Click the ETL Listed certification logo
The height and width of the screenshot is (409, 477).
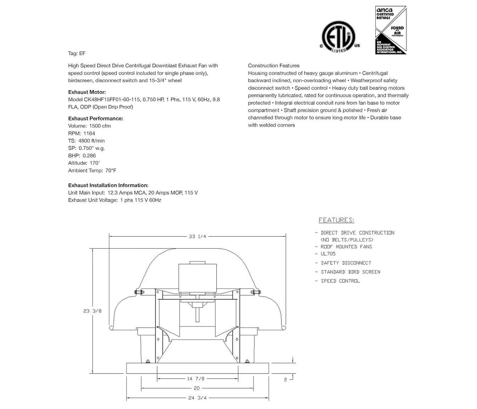pos(340,37)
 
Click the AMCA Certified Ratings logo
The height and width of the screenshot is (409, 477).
pos(390,30)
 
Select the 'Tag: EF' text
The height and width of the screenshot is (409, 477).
pos(77,54)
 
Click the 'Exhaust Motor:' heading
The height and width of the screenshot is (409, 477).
pos(87,92)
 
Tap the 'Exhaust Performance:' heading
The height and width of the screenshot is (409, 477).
pos(95,118)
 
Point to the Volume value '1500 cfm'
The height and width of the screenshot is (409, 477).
pos(100,126)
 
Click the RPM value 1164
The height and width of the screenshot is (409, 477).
pos(89,133)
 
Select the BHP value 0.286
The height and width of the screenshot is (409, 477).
pos(89,156)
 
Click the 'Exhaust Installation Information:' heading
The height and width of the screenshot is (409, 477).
pos(108,185)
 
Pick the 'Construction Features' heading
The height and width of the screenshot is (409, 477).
pos(273,66)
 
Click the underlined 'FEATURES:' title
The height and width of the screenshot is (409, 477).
pos(336,220)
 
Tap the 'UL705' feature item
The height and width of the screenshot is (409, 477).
pos(328,254)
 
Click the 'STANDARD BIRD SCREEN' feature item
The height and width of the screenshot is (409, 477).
pos(350,272)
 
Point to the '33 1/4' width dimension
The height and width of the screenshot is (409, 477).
pos(198,236)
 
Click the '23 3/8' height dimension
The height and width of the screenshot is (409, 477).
pos(93,311)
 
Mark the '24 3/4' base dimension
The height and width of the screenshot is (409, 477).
pos(197,398)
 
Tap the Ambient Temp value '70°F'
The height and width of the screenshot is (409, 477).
pos(111,170)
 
